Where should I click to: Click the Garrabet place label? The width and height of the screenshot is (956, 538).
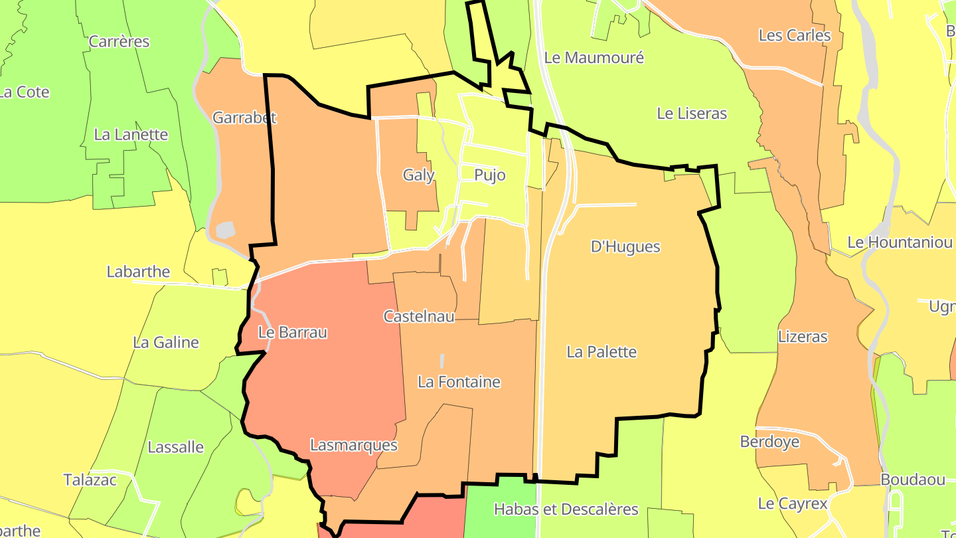(244, 118)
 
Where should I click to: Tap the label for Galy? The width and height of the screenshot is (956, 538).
(418, 175)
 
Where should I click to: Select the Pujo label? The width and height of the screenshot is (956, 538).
(490, 175)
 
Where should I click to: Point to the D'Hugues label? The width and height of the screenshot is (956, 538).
(625, 247)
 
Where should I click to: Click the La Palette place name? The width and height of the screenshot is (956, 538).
(601, 352)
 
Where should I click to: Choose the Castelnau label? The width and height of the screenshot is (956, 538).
(419, 316)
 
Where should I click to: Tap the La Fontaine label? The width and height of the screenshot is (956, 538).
(459, 382)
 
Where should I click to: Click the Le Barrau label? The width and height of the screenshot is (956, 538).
(293, 332)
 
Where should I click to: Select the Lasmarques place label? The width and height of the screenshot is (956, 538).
(354, 445)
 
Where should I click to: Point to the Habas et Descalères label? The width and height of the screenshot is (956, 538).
(566, 509)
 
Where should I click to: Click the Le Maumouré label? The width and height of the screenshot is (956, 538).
(594, 58)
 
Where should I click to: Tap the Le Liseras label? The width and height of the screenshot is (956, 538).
(692, 114)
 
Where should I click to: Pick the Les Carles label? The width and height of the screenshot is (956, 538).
(794, 35)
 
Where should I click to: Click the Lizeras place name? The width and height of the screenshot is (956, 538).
(803, 337)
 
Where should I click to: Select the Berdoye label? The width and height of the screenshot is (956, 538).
(769, 442)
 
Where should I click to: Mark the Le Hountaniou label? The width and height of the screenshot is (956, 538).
(900, 242)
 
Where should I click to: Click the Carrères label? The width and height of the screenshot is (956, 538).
(119, 42)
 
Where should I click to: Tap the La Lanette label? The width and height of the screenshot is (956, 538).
(131, 135)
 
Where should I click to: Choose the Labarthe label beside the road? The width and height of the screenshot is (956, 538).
(138, 272)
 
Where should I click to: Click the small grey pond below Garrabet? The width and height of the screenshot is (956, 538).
(226, 230)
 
